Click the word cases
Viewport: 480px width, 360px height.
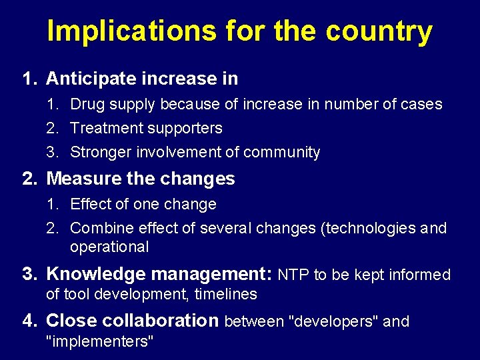coord(421,104)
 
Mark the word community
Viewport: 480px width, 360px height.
coord(281,152)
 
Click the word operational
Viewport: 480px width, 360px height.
coord(109,247)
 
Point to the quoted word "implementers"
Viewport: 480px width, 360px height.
coord(99,341)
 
